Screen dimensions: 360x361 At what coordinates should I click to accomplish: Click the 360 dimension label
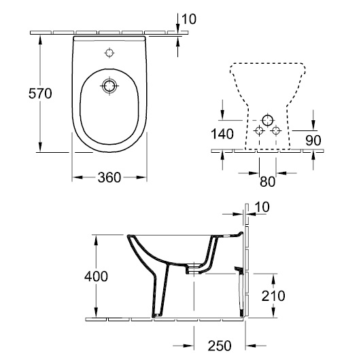(x=109, y=177)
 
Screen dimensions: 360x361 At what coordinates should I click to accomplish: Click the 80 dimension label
(x=268, y=181)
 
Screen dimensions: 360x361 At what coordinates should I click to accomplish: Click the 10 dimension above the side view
(x=262, y=206)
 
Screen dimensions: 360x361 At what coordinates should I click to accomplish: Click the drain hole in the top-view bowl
(x=109, y=86)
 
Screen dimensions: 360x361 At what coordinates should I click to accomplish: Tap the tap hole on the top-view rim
(x=109, y=52)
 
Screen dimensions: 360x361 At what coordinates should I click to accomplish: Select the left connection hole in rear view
(x=258, y=130)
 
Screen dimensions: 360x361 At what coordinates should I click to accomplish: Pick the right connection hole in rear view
(x=275, y=130)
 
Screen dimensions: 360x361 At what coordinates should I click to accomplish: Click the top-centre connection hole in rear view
(x=267, y=118)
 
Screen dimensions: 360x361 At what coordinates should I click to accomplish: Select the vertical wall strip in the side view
(x=248, y=272)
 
